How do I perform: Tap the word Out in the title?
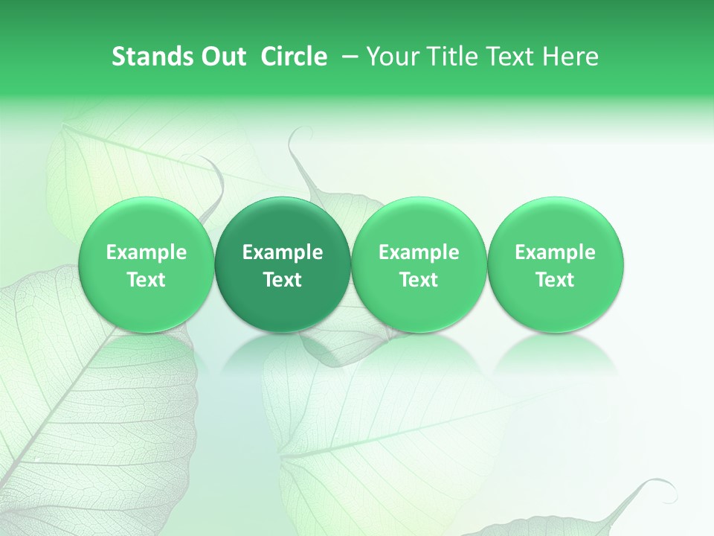[222, 57]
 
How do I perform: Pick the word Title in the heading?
[446, 57]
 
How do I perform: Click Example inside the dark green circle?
[283, 252]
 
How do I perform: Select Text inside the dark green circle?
[283, 280]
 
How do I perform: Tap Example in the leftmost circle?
[147, 252]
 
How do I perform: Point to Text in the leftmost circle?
[147, 280]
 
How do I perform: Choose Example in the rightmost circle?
[555, 252]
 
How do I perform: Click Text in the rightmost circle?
[555, 280]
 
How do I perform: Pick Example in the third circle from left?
[419, 252]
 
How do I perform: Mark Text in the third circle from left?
[419, 280]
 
